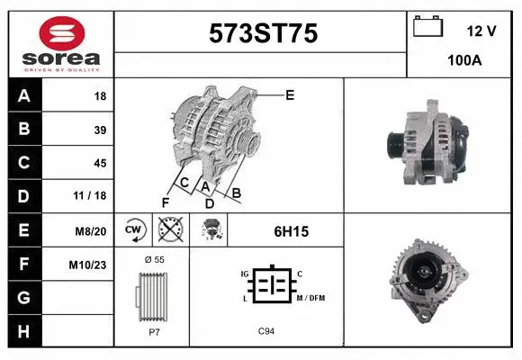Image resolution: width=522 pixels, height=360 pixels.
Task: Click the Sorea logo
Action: [61, 43]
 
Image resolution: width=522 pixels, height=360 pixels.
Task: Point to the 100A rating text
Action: [465, 60]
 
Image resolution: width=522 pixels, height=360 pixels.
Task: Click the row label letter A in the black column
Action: [24, 95]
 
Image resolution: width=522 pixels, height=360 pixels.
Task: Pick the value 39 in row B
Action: [100, 130]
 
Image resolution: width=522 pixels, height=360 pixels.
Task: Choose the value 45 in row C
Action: [100, 163]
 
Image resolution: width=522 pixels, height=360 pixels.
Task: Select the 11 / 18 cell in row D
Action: [94, 196]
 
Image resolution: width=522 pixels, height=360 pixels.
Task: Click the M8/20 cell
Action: [92, 230]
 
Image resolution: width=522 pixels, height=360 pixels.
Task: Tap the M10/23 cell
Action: [90, 264]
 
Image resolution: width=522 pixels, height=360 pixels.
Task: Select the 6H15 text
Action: [291, 231]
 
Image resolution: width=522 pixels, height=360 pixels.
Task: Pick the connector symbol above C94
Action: [266, 285]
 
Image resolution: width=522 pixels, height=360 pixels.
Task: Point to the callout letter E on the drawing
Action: [289, 94]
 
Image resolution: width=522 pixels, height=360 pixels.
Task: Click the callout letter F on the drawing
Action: [165, 202]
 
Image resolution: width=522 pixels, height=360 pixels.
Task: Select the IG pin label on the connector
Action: [244, 273]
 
